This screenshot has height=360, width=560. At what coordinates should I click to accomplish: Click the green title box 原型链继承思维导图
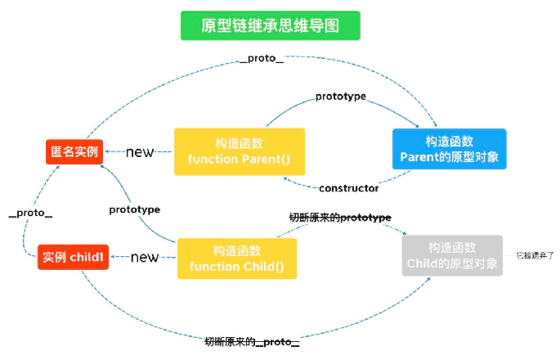[x=270, y=25]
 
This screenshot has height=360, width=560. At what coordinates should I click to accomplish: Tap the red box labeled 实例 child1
[x=73, y=257]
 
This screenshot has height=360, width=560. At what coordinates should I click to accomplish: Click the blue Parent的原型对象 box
[x=449, y=149]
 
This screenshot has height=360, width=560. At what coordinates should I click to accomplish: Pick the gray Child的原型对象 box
[x=452, y=255]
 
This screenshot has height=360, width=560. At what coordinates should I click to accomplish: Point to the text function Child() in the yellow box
[x=237, y=267]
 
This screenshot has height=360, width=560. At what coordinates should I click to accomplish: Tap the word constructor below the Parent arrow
[x=348, y=188]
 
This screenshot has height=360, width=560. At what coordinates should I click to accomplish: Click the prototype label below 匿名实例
[x=134, y=209]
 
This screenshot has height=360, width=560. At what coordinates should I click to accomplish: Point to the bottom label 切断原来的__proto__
[x=252, y=340]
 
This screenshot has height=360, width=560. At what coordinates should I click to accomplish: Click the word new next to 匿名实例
[x=140, y=152]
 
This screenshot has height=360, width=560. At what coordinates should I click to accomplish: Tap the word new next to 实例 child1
[x=145, y=258]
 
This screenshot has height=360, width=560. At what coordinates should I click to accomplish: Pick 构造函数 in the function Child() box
[x=237, y=250]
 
